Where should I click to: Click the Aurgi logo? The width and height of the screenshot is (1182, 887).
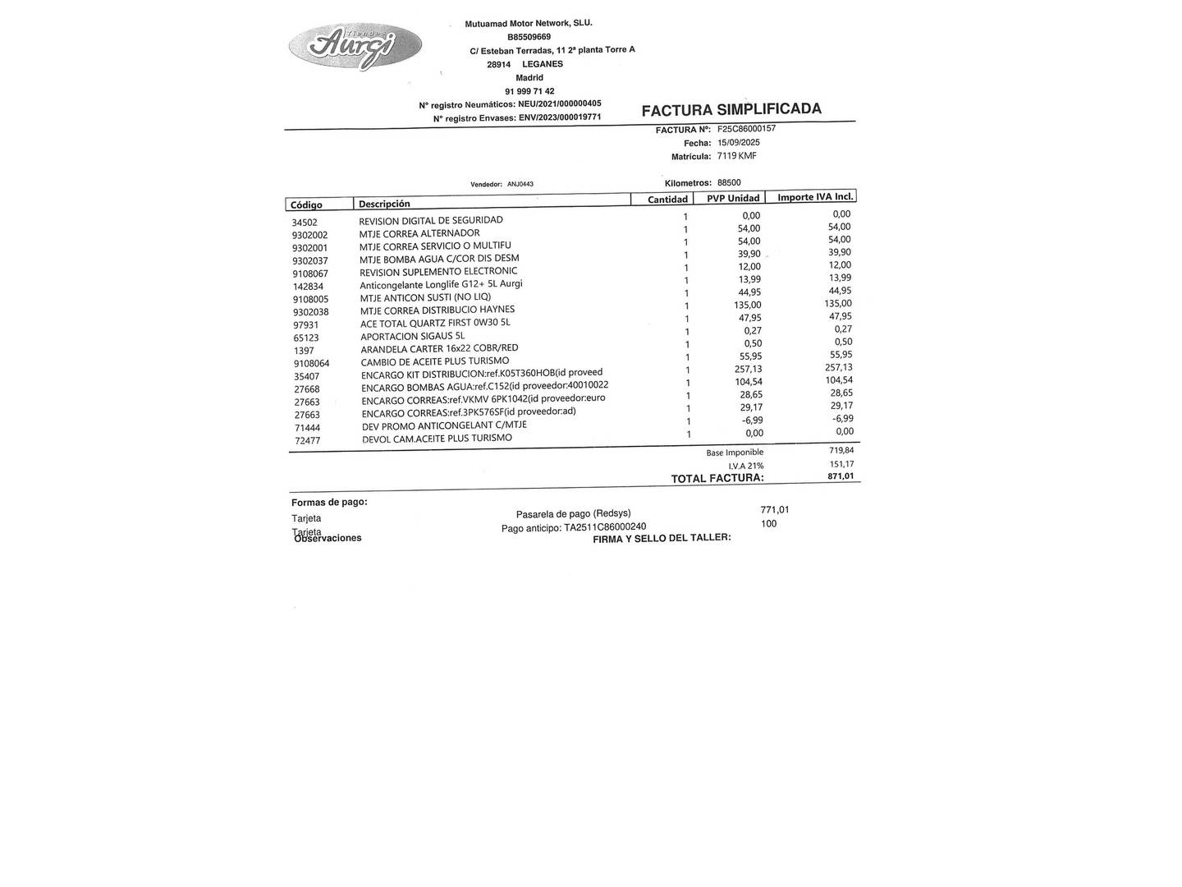coord(355,47)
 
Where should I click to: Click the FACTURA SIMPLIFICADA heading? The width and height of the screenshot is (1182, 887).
coord(731,110)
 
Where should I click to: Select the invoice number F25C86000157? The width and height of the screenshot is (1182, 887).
coord(746,129)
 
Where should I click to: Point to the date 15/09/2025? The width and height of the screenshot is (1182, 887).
coord(738,142)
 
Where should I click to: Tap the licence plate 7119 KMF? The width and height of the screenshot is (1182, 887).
coord(736,155)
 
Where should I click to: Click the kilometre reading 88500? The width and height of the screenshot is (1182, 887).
coord(728,183)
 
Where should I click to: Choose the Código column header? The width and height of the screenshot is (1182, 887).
coord(306,205)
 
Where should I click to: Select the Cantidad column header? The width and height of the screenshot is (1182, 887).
coord(667,200)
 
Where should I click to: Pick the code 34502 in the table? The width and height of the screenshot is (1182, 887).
coord(305,223)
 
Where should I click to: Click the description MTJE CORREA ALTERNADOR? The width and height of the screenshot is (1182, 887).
coord(419,233)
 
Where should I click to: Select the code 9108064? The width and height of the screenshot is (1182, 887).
coord(311,363)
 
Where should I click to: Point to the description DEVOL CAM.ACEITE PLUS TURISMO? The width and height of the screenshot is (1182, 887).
coord(437,439)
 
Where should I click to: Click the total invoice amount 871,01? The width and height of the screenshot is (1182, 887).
coord(841,476)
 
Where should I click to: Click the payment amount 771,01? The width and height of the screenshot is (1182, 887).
coord(774,510)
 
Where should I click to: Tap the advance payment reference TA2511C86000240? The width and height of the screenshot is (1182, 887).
coord(605,527)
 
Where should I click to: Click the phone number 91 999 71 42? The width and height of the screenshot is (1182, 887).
coord(529,91)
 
